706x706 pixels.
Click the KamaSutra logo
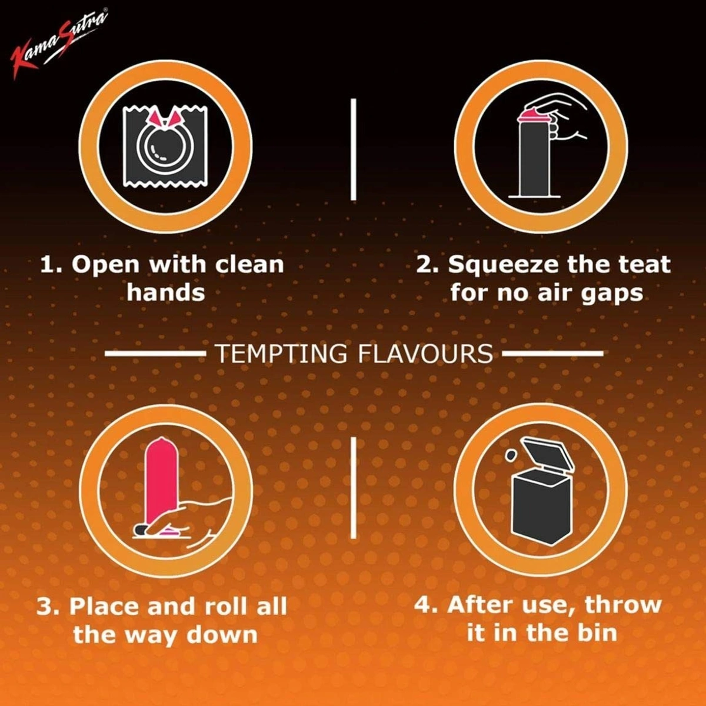pyautogui.click(x=59, y=44)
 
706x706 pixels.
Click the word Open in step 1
pyautogui.click(x=106, y=265)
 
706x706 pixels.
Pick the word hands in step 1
pyautogui.click(x=165, y=292)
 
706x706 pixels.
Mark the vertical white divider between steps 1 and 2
pyautogui.click(x=354, y=149)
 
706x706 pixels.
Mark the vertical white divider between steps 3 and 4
pyautogui.click(x=354, y=488)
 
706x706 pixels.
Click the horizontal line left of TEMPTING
pyautogui.click(x=154, y=354)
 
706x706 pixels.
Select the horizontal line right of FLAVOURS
pyautogui.click(x=553, y=354)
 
